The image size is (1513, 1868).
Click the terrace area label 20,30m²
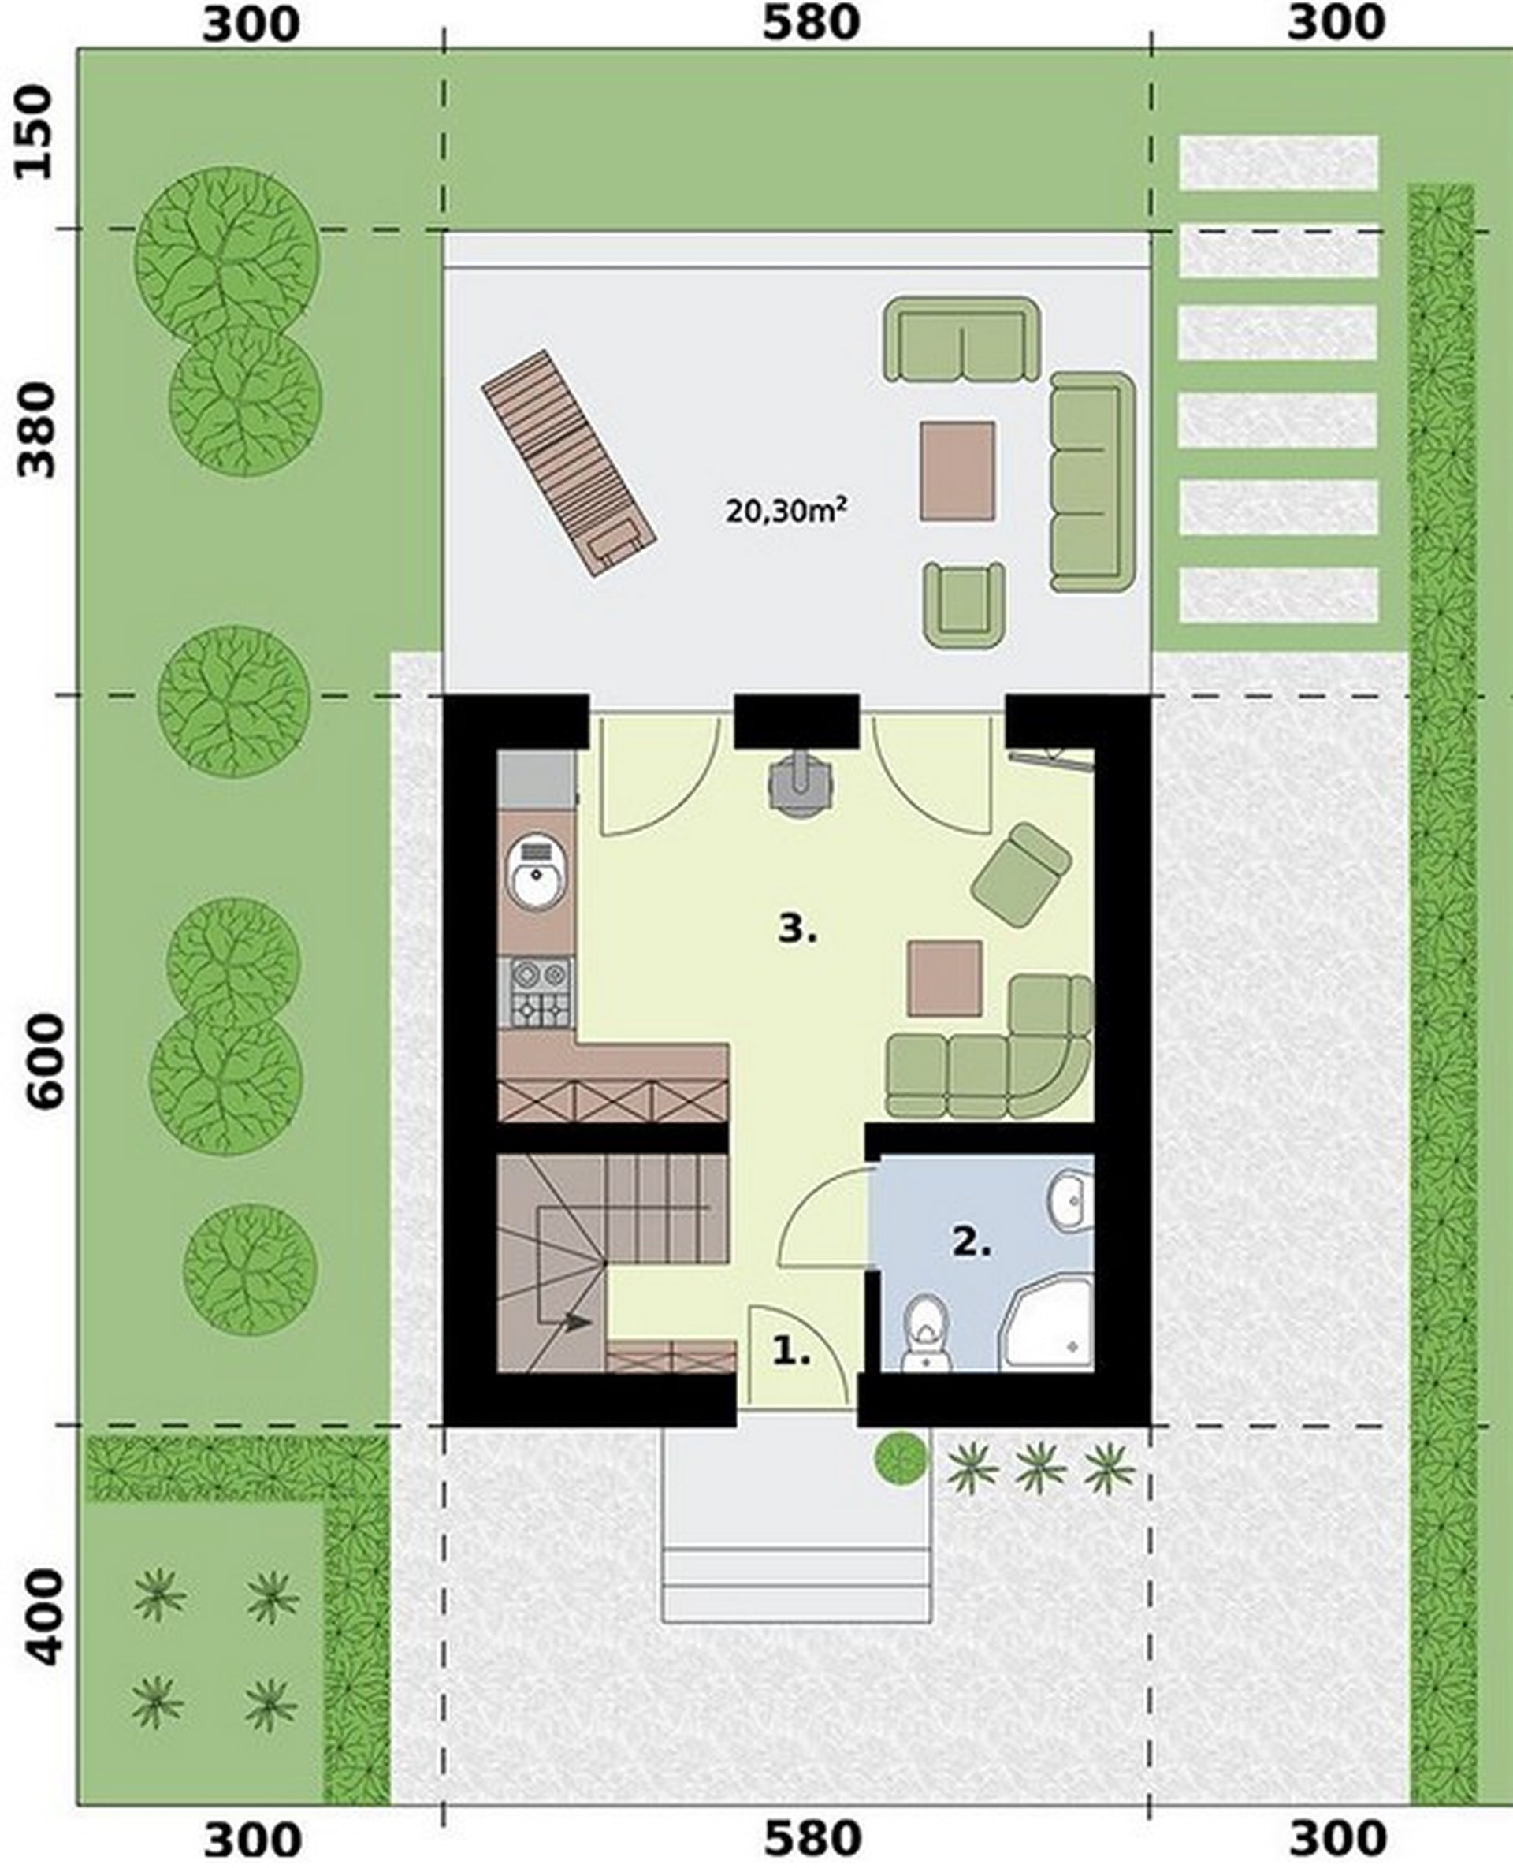tap(786, 509)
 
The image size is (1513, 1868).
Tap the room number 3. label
tap(797, 930)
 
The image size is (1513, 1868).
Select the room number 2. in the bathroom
tap(971, 1243)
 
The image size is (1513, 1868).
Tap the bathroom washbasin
tap(1071, 1200)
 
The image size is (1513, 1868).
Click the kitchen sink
tap(537, 872)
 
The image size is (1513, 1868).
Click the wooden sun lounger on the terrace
tap(568, 463)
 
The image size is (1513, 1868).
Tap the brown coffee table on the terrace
tap(957, 471)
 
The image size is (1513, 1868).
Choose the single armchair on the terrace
tap(965, 605)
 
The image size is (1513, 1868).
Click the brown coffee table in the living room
tap(945, 978)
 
